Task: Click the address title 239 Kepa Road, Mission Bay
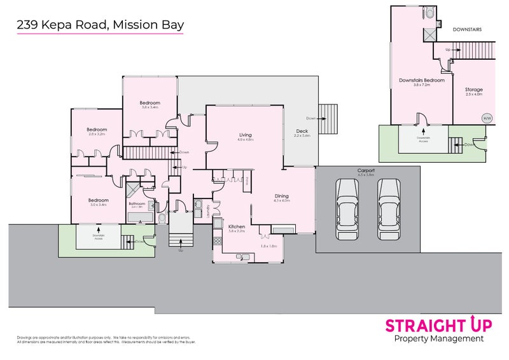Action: click(x=100, y=25)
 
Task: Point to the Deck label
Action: click(x=301, y=131)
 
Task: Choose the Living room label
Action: click(x=246, y=135)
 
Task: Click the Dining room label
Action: click(x=281, y=196)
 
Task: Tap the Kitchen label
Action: click(x=237, y=226)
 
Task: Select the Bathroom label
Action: click(x=139, y=204)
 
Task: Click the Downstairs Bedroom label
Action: click(x=421, y=80)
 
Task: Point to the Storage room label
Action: click(x=473, y=90)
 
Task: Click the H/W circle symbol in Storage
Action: click(x=487, y=118)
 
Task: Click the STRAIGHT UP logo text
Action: click(x=438, y=325)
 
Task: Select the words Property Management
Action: click(x=439, y=339)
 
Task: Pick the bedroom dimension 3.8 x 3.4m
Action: click(x=150, y=107)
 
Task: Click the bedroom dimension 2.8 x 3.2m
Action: click(x=97, y=135)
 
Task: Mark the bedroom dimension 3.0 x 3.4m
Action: click(x=97, y=205)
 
